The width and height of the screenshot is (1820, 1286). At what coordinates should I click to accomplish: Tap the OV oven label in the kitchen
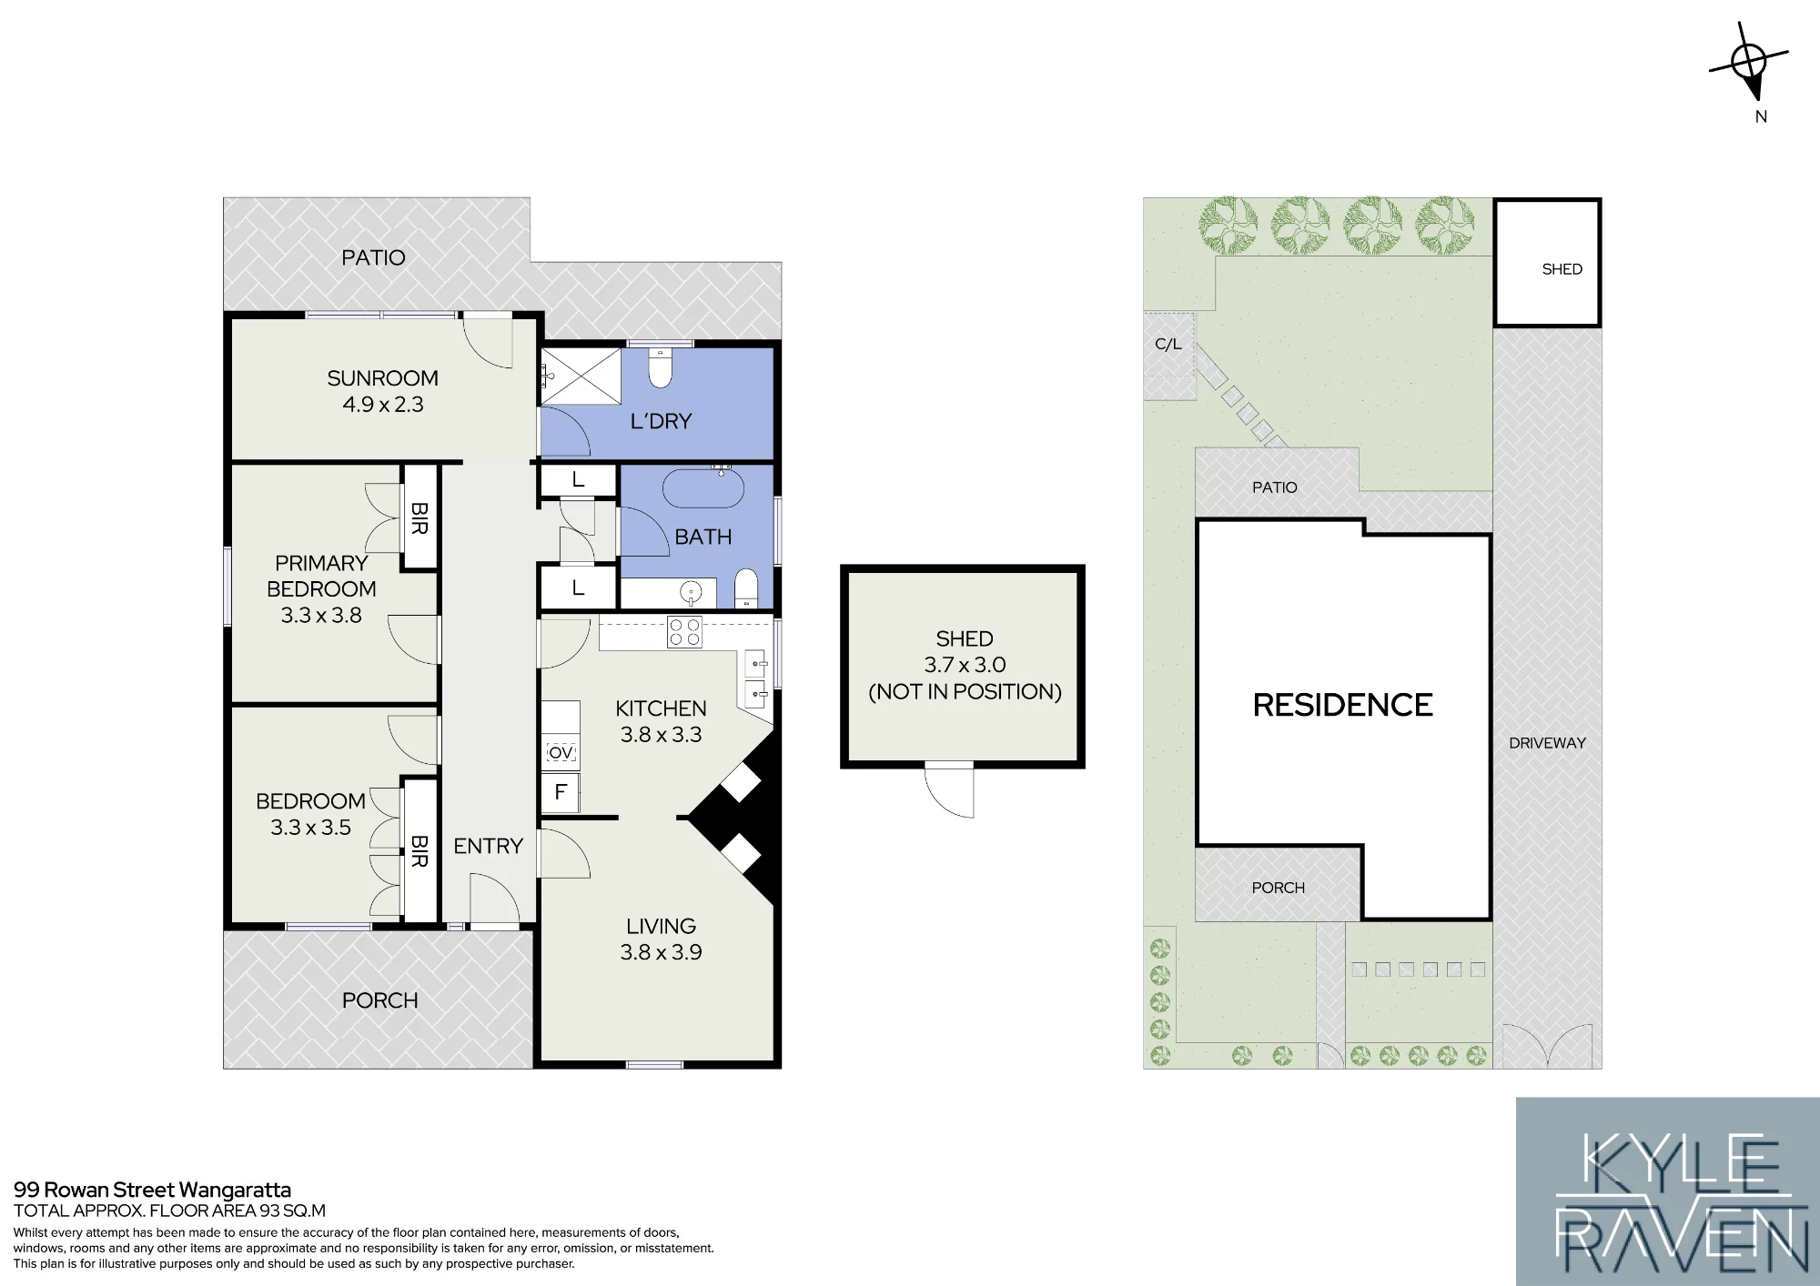pos(561,753)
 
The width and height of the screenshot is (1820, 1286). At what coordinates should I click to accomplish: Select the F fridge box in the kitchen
pos(561,792)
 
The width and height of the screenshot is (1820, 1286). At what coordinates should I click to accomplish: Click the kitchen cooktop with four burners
pos(685,632)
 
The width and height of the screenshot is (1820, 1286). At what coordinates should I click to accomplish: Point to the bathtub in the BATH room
pos(703,487)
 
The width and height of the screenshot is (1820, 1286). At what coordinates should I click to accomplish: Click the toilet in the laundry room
pos(661,367)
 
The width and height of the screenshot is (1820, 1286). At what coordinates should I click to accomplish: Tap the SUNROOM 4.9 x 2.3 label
pos(382,391)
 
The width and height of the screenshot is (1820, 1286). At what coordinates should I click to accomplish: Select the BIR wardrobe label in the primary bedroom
pos(419,518)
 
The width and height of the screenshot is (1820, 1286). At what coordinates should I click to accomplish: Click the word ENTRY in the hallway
pos(488,846)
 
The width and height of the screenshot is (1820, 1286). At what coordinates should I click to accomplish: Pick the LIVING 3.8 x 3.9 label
pos(661,939)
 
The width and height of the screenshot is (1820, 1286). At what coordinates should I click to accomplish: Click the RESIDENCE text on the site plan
pos(1342,705)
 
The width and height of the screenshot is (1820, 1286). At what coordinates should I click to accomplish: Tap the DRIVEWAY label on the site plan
pos(1547,743)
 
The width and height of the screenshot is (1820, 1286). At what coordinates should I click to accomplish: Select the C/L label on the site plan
pos(1168,344)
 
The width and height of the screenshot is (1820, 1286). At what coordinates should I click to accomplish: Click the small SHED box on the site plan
pos(1547,263)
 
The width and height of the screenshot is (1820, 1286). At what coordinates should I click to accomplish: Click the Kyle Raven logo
pos(1667,1191)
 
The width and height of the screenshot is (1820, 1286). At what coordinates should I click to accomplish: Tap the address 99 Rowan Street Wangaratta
pos(152,1190)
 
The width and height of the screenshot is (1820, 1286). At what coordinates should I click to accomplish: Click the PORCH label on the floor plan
pos(379,1000)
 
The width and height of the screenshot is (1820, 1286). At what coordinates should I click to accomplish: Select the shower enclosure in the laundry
pos(581,377)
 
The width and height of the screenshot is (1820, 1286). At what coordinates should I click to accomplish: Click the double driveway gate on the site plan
pos(1547,1046)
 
